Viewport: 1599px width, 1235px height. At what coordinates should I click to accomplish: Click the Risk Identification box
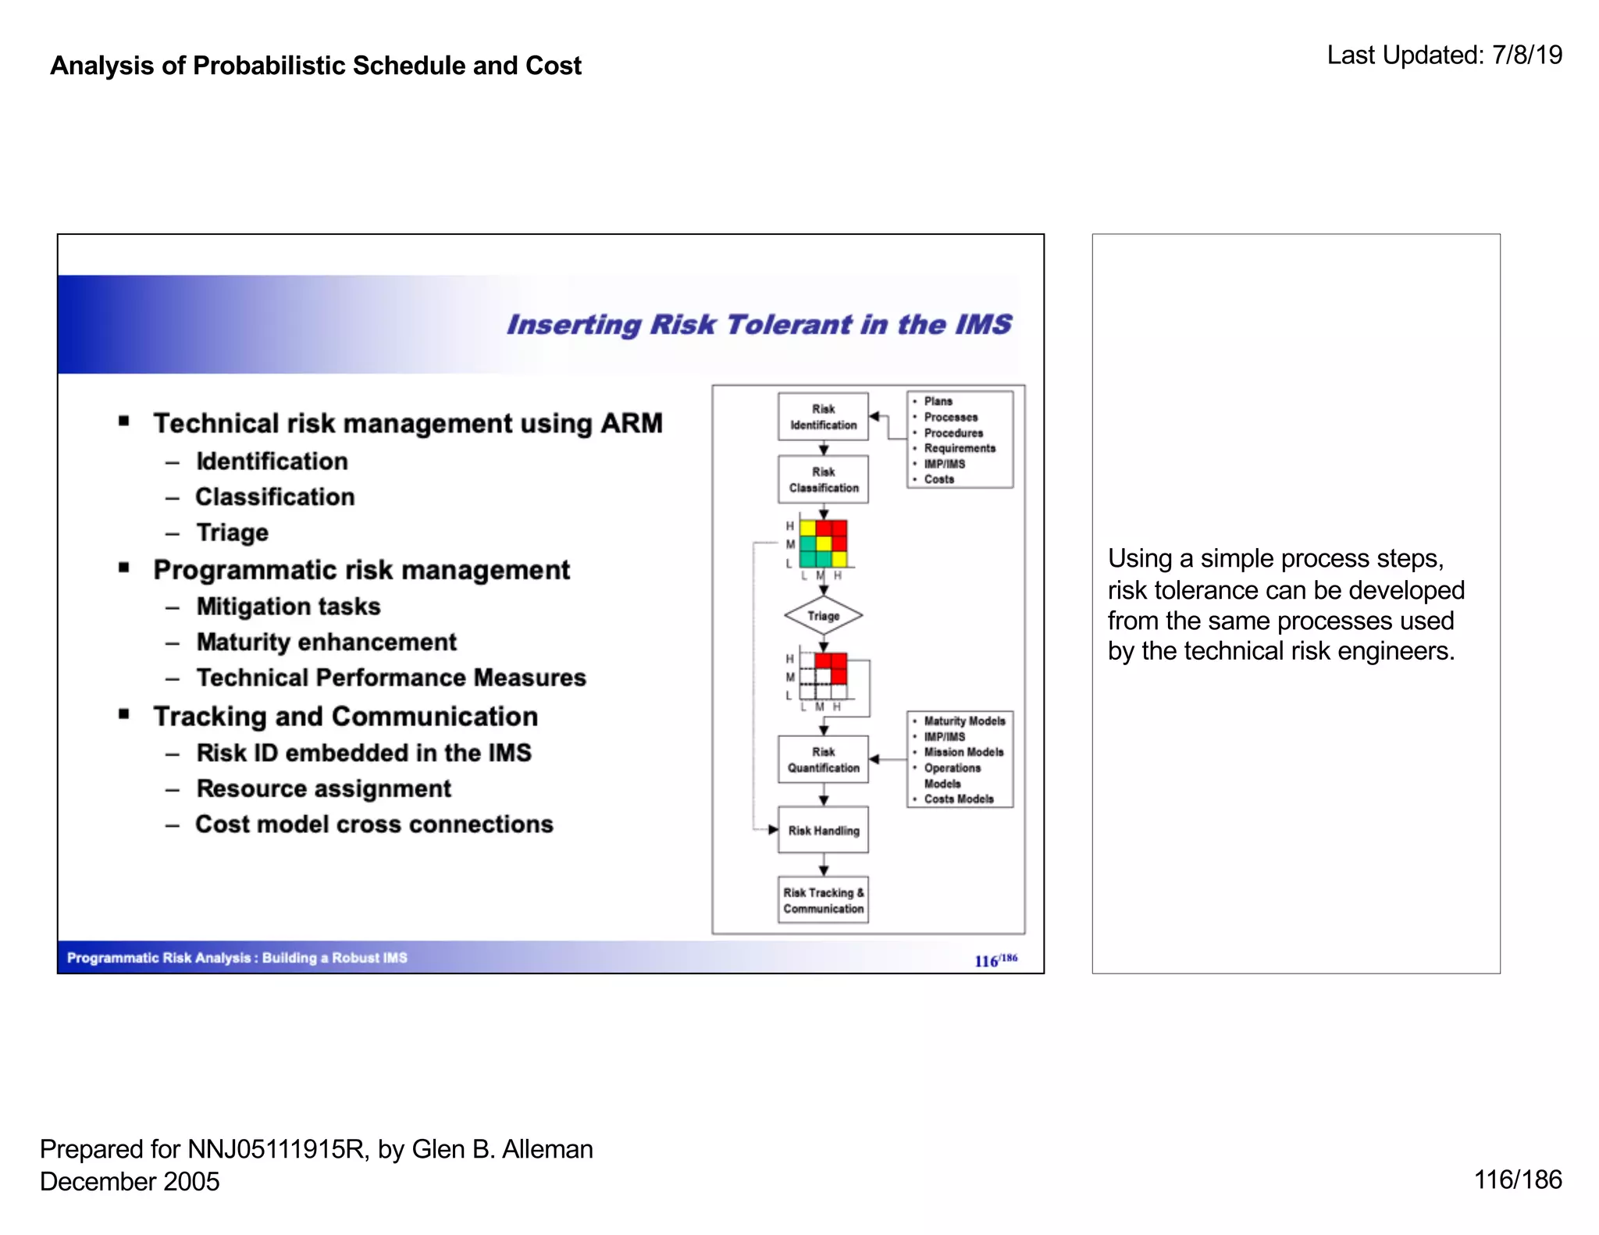point(823,417)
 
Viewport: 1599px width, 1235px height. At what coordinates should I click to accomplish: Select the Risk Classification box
point(823,479)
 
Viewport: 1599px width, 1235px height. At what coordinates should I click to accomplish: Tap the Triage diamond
point(823,616)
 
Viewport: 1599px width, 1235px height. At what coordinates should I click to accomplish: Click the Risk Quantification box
point(823,760)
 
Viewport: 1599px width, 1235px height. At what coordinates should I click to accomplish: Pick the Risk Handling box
point(823,831)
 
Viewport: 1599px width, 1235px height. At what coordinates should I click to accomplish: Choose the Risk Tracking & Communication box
point(823,901)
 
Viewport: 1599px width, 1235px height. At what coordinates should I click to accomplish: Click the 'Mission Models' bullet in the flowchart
point(963,753)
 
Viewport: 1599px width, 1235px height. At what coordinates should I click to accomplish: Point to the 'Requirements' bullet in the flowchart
point(960,448)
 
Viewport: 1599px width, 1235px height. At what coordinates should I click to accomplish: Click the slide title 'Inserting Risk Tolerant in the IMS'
point(759,325)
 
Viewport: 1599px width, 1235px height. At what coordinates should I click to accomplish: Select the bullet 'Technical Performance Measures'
point(390,678)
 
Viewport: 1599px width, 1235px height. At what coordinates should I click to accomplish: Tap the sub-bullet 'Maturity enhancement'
point(326,642)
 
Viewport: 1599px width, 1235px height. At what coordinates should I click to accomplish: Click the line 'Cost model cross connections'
point(374,824)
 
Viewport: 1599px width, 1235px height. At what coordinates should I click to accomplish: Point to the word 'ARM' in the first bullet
point(631,423)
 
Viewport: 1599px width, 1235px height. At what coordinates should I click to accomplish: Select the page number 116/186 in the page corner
point(1517,1180)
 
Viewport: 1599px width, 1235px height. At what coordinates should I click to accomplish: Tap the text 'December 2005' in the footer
point(130,1182)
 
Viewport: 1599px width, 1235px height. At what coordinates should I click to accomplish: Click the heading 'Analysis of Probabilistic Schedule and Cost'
point(315,66)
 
